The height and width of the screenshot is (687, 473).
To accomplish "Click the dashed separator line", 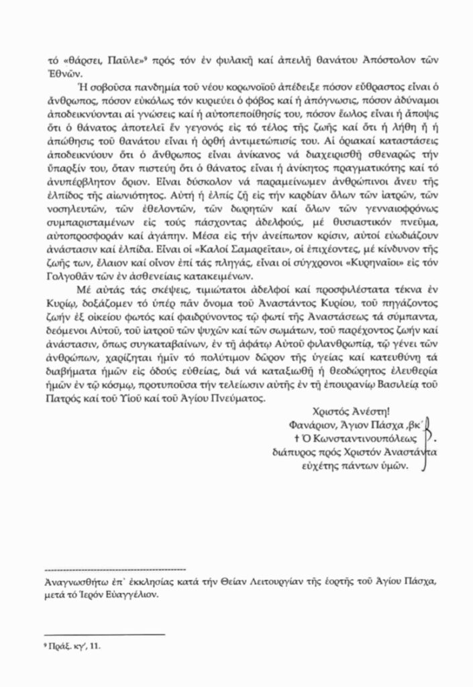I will (109, 568).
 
